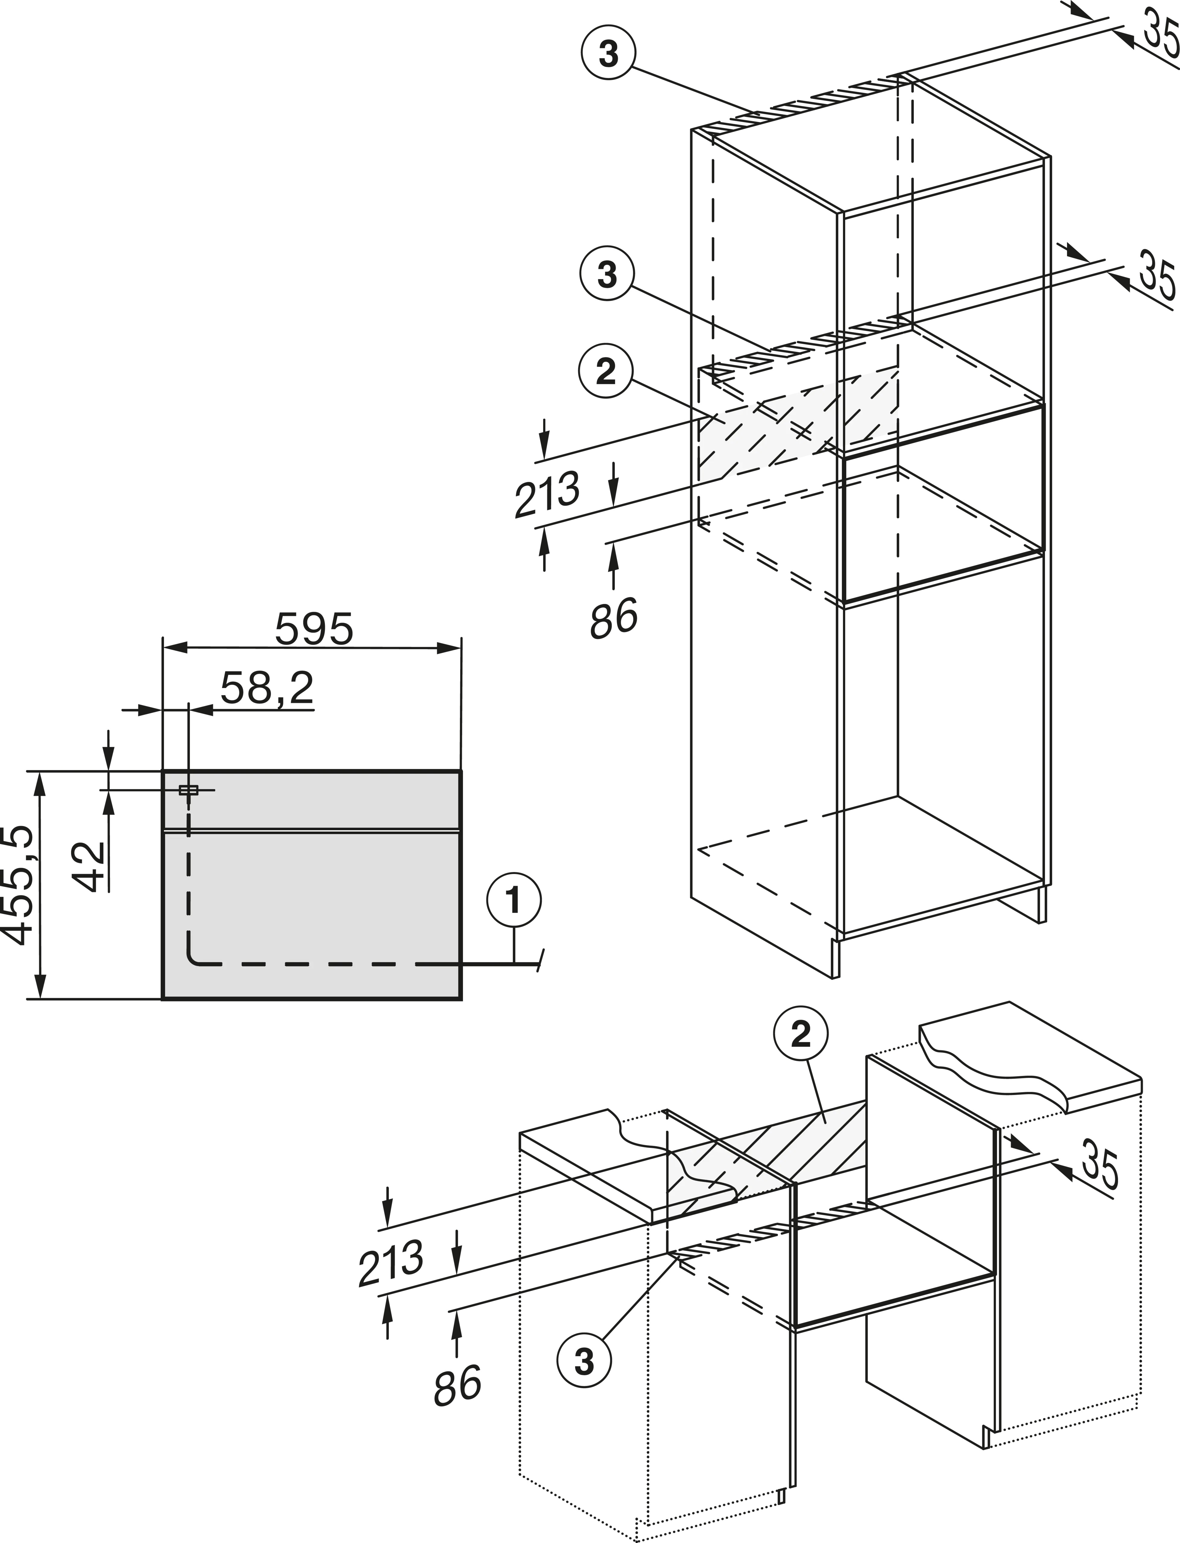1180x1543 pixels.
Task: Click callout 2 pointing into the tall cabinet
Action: tap(606, 372)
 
